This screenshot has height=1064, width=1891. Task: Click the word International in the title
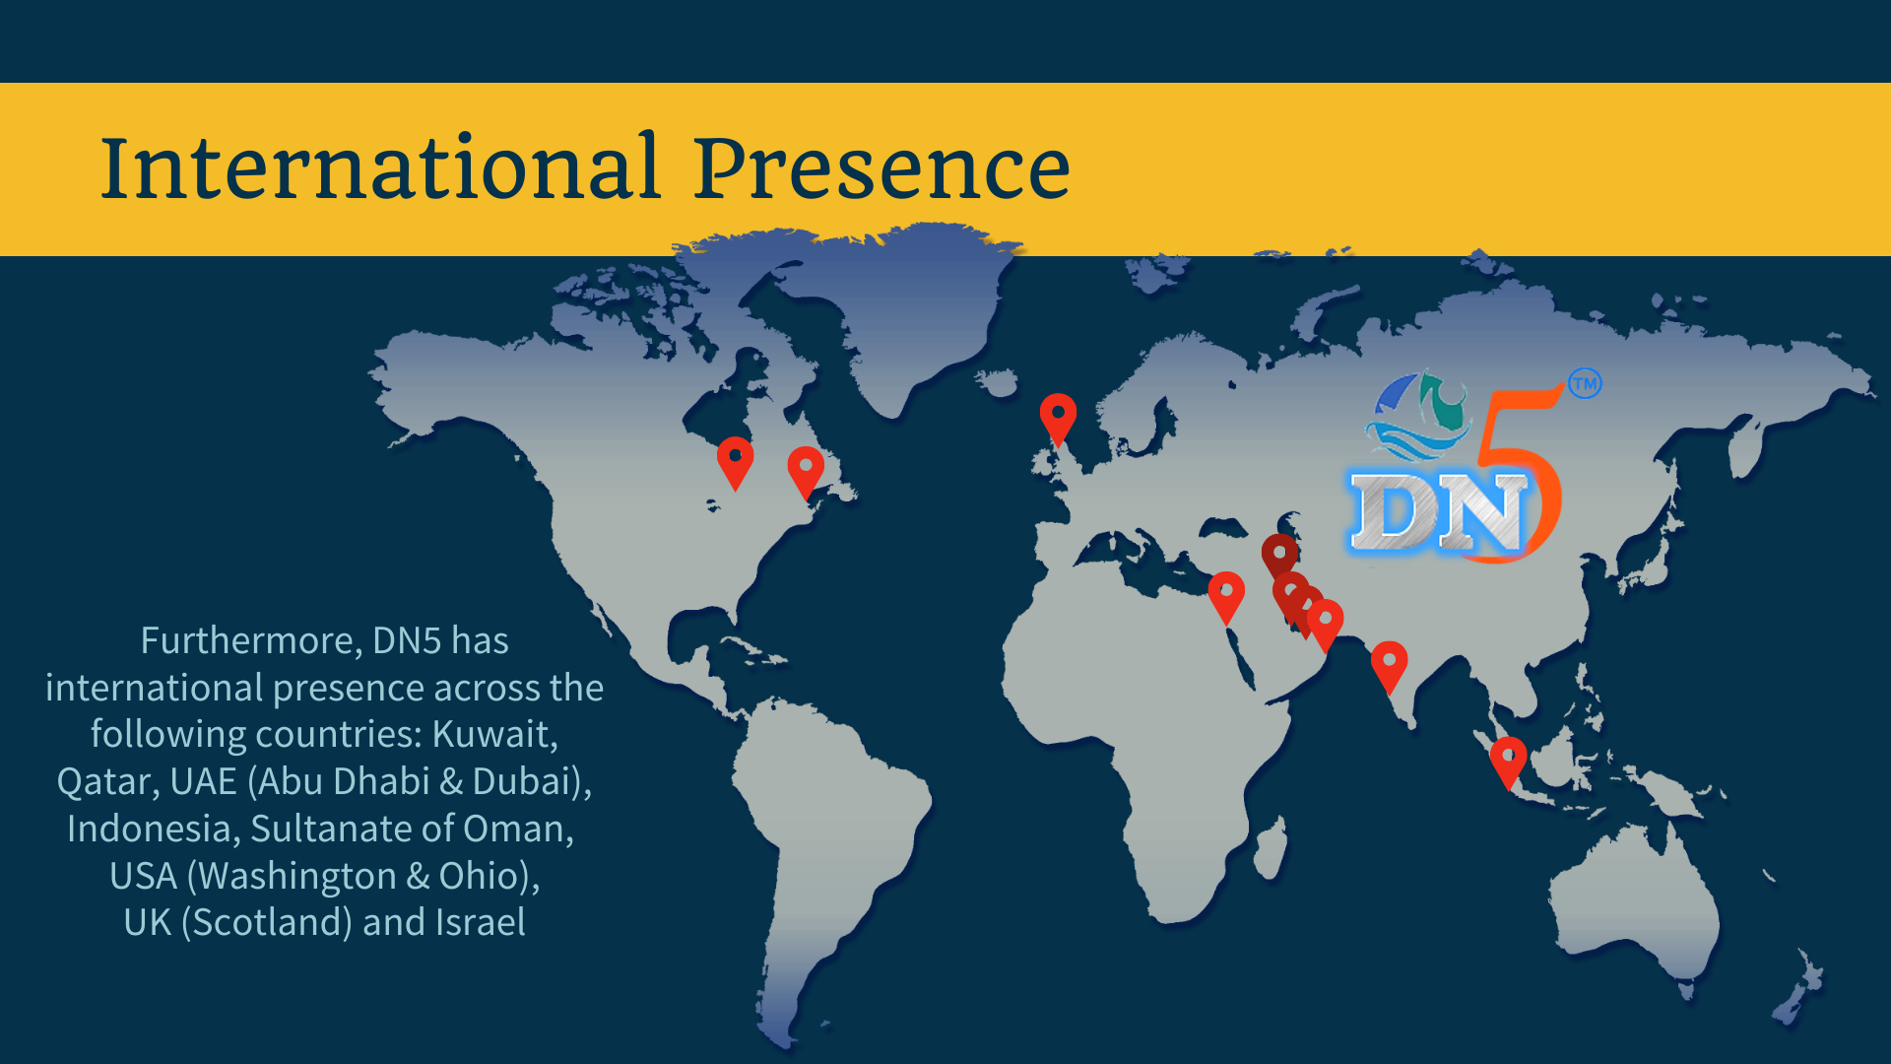pos(380,166)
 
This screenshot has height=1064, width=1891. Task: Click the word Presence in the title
pos(881,166)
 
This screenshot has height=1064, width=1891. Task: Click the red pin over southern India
pos(1389,667)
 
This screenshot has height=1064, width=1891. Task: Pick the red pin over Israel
pos(1226,597)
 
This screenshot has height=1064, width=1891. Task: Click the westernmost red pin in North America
pos(735,463)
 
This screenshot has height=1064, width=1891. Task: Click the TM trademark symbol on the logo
pos(1585,383)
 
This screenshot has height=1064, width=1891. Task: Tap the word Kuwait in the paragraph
pos(494,734)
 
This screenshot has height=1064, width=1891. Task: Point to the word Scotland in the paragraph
pos(266,923)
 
